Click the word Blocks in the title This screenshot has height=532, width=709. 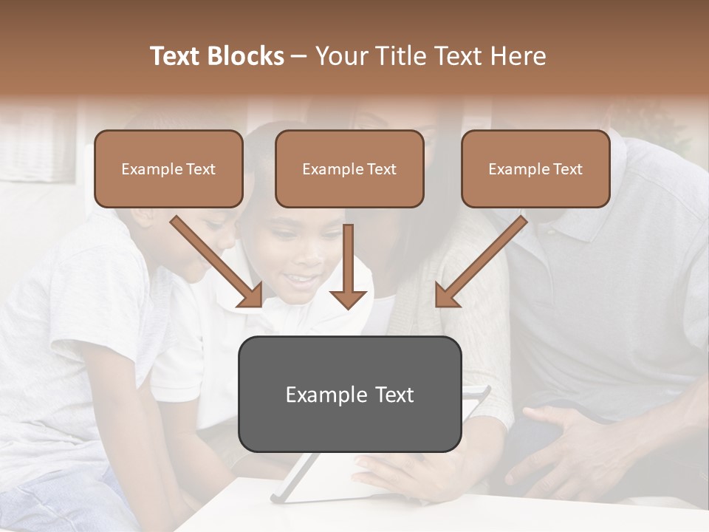point(246,56)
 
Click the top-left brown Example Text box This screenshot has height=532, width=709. point(168,168)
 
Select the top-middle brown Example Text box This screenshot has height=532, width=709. point(349,168)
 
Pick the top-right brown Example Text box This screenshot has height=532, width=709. point(535,168)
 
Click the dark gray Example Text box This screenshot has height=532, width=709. point(349,395)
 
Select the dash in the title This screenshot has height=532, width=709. point(299,56)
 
